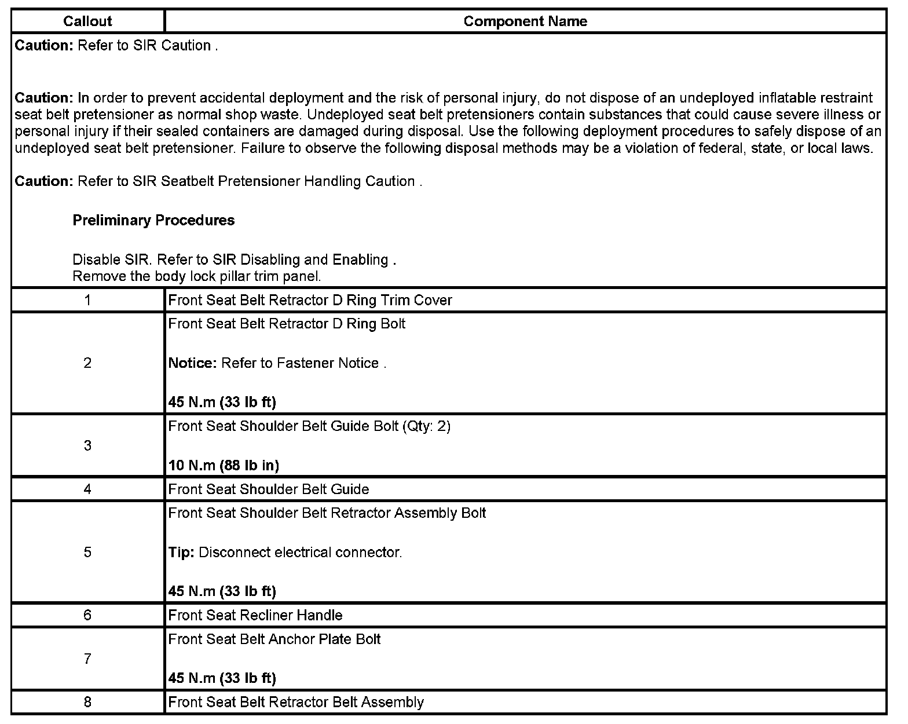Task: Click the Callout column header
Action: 87,21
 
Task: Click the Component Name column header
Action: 525,21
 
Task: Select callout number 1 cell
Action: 87,300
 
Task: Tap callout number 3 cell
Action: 87,445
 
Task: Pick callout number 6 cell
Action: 87,615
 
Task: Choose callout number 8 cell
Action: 87,703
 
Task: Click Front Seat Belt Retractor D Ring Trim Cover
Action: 310,300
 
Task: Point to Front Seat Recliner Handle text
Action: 255,615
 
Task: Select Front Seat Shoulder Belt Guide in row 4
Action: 268,489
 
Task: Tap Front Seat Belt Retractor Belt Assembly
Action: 295,703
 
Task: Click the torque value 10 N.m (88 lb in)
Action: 224,465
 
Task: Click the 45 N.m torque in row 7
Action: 222,678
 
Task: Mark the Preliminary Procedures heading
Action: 153,220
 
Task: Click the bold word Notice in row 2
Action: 192,363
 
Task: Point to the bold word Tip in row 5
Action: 180,553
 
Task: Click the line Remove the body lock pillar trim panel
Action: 196,276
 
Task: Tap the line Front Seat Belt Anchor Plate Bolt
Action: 274,639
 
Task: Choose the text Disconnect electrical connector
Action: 300,553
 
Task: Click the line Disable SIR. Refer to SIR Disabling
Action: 234,259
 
